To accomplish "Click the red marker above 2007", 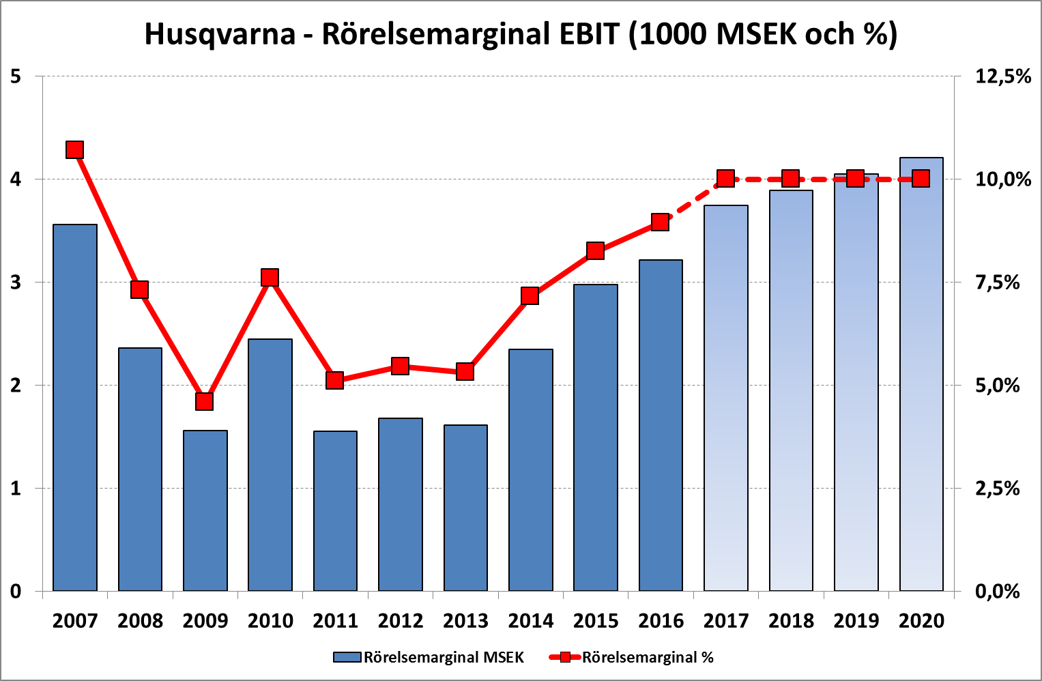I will tap(75, 150).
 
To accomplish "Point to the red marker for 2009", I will tap(205, 401).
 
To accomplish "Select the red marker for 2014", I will tap(530, 295).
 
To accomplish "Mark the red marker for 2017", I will tap(725, 179).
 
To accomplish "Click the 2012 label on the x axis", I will tap(401, 621).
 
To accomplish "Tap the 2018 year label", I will tap(791, 621).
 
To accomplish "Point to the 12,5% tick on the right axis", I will tap(1002, 76).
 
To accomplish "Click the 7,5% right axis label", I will tap(997, 282).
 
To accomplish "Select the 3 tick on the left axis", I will tap(16, 282).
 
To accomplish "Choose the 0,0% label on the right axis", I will tap(997, 591).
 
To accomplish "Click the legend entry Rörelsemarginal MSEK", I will tap(444, 658).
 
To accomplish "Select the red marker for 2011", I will tap(334, 380).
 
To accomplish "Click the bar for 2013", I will tap(465, 508).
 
